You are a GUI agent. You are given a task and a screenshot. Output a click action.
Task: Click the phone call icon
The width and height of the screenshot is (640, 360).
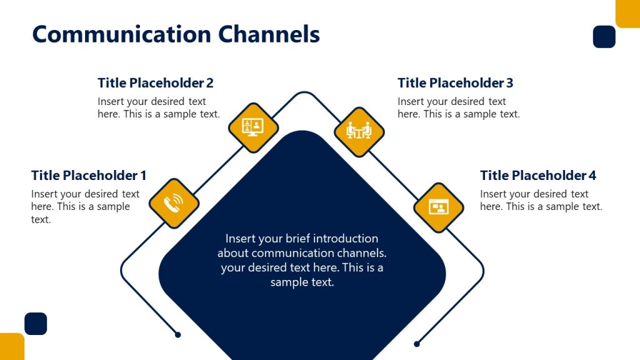click(x=174, y=203)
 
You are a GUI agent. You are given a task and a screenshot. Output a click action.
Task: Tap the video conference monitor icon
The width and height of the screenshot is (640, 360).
click(x=252, y=127)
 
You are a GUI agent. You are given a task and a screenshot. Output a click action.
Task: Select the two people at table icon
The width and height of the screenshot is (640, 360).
click(x=359, y=131)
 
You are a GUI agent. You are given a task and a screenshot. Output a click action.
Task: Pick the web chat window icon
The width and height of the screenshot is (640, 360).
click(x=438, y=207)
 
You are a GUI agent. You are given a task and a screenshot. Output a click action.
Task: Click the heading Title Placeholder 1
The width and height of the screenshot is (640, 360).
click(x=89, y=176)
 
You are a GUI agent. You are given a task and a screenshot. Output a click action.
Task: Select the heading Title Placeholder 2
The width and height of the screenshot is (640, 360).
click(x=156, y=83)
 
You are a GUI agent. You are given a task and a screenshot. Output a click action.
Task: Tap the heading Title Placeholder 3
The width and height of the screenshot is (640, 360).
click(x=455, y=83)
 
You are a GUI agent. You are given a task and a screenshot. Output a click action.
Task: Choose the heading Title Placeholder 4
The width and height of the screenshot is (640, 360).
click(x=538, y=176)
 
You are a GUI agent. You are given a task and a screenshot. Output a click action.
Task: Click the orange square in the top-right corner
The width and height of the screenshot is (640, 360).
click(x=627, y=13)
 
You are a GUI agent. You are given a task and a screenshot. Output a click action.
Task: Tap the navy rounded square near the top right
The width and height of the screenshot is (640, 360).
click(x=604, y=37)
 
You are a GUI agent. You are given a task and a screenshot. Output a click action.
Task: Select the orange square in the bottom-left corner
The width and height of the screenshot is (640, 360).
click(x=12, y=347)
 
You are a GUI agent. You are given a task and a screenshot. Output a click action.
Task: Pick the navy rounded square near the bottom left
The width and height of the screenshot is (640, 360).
click(x=36, y=324)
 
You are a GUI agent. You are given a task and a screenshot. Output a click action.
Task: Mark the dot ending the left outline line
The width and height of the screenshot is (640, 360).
click(x=178, y=335)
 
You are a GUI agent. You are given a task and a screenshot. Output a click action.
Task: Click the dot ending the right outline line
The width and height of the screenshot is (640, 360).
click(x=417, y=344)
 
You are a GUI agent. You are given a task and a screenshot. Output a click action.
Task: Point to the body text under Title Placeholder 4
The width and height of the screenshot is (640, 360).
click(x=541, y=200)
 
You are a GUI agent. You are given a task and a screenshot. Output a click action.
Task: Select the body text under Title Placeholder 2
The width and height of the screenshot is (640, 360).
click(x=158, y=107)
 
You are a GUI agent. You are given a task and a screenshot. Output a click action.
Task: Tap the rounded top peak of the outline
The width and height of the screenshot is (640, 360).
click(x=304, y=93)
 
